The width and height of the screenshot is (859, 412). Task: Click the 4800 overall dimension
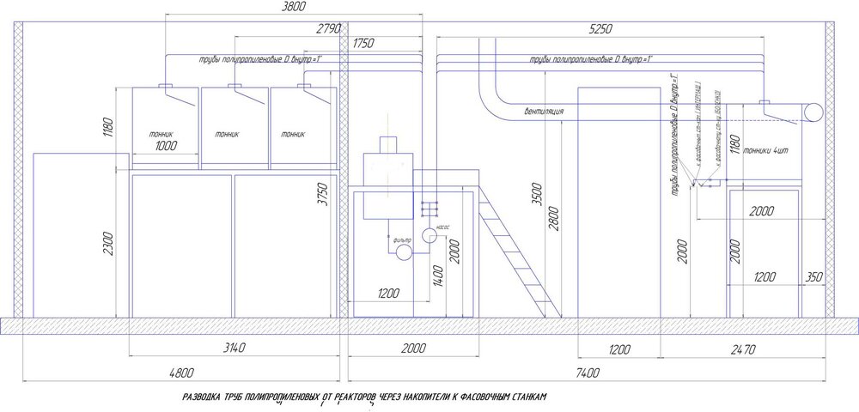(182, 372)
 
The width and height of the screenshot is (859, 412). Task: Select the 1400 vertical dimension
(438, 274)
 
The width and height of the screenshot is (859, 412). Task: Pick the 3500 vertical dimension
(538, 191)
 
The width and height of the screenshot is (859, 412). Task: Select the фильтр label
(403, 239)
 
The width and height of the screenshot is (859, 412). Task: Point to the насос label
(443, 228)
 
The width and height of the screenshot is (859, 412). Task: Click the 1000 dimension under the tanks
(166, 146)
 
